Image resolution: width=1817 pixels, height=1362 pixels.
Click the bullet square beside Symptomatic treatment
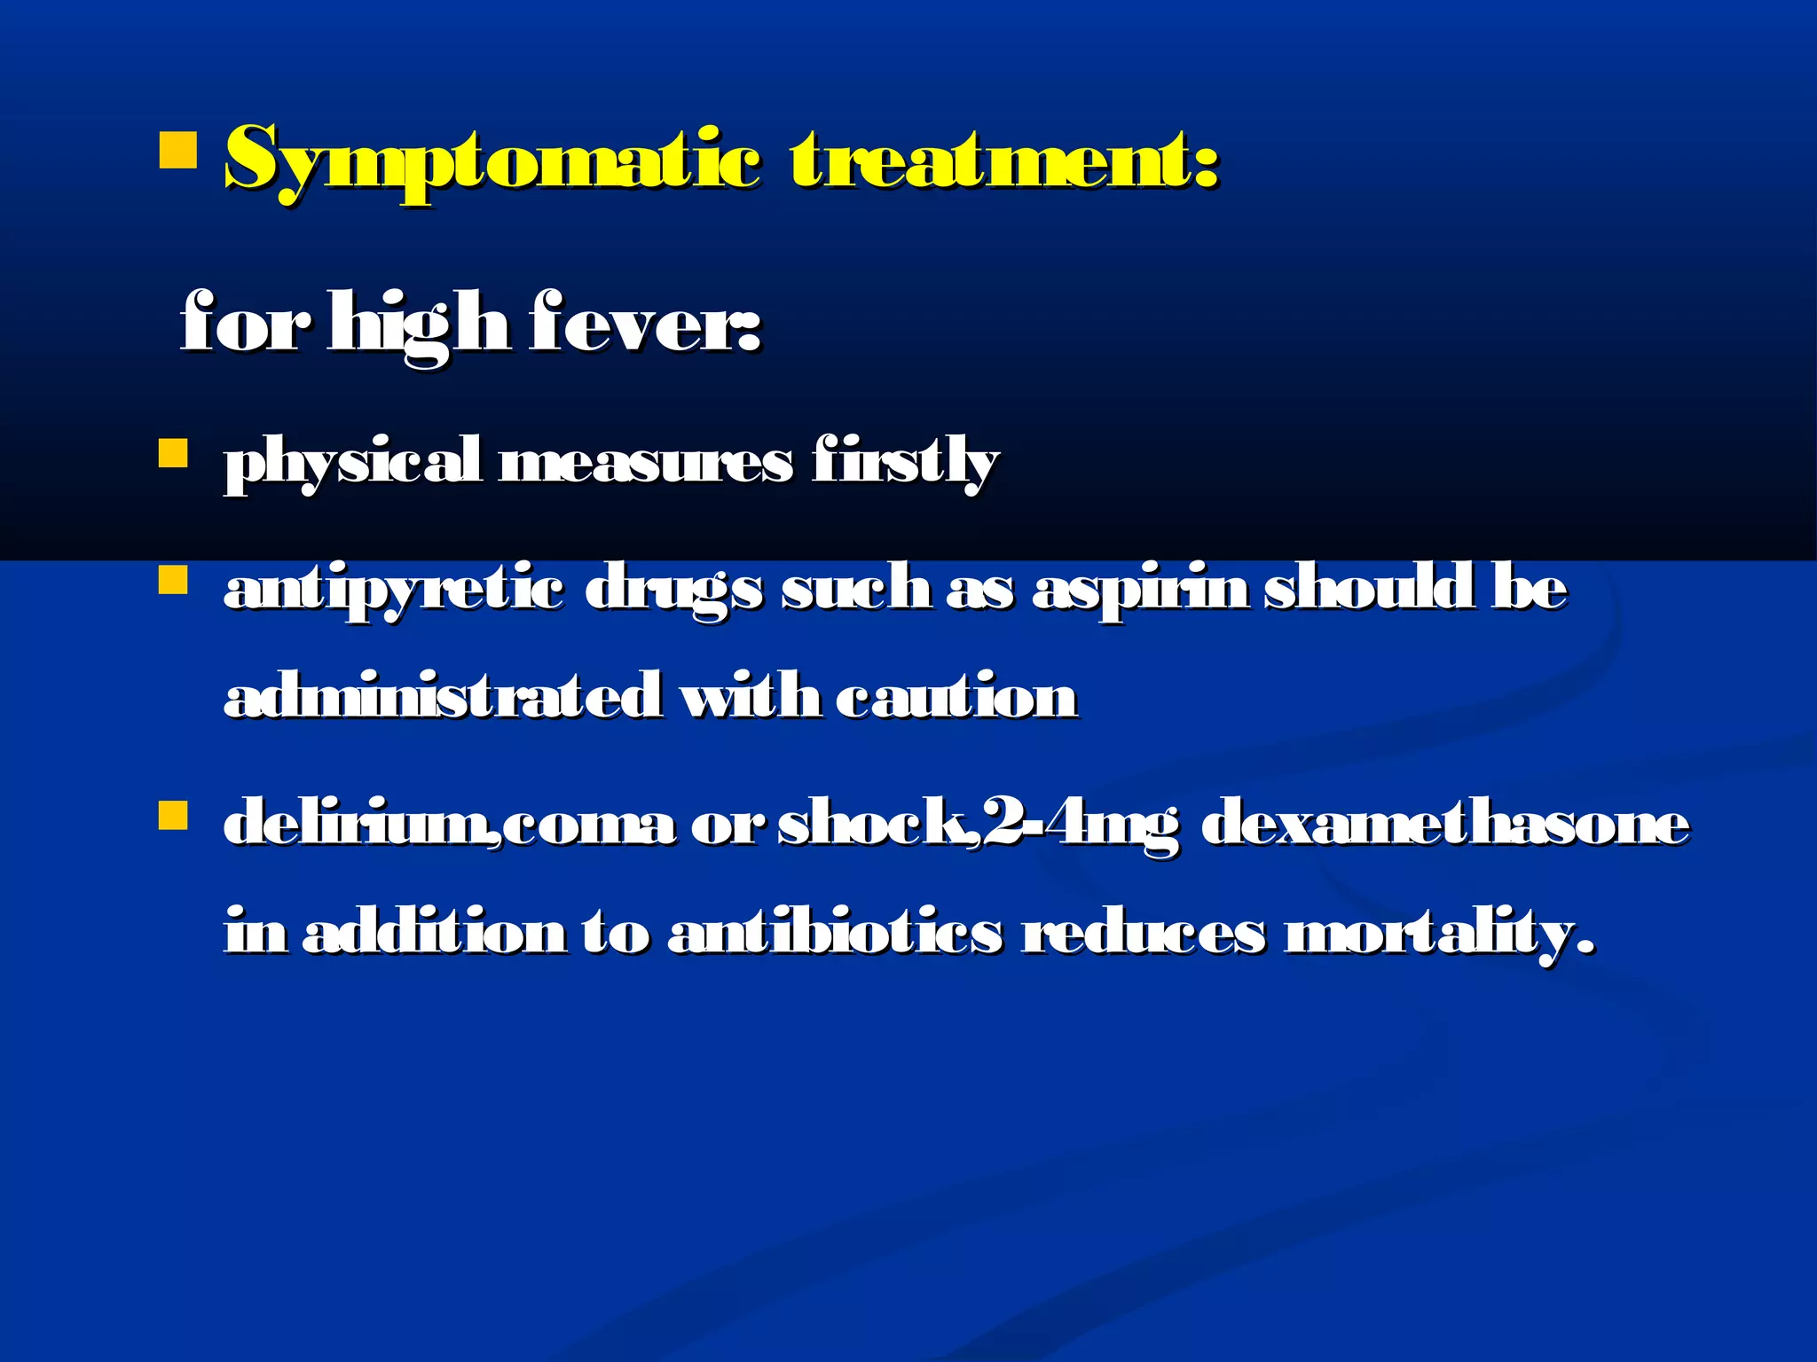177,151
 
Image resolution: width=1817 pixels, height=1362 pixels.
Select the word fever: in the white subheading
645,323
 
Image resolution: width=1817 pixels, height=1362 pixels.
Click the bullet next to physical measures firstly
173,454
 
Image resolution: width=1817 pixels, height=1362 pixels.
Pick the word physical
352,463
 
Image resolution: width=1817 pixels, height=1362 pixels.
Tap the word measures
646,463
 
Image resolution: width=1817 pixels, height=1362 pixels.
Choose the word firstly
905,463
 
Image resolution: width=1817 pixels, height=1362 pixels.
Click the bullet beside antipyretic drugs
173,581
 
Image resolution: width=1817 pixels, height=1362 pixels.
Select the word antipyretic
393,591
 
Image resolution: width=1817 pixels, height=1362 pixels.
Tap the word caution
956,696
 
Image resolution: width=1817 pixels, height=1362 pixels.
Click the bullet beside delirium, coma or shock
173,815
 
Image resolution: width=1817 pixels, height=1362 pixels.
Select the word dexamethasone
1445,823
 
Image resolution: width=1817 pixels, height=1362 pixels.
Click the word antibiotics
835,933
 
